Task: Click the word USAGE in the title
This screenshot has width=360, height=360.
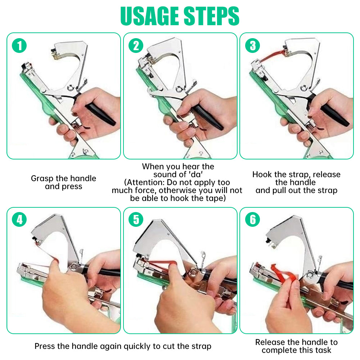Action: pyautogui.click(x=149, y=16)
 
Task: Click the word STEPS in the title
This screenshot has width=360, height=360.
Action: pyautogui.click(x=211, y=16)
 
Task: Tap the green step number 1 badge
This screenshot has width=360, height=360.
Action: pyautogui.click(x=19, y=45)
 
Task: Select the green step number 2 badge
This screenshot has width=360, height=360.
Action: pyautogui.click(x=136, y=45)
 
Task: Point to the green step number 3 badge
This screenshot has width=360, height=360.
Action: pyautogui.click(x=253, y=45)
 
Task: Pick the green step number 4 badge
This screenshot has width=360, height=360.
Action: pyautogui.click(x=19, y=219)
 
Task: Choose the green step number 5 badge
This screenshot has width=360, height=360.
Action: pyautogui.click(x=136, y=219)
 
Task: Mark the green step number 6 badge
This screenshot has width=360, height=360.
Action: pyautogui.click(x=253, y=219)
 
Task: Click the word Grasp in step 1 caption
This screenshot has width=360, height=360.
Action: pyautogui.click(x=42, y=179)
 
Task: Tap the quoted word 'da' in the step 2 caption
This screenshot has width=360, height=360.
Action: pyautogui.click(x=196, y=175)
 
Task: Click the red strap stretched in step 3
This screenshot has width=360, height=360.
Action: pyautogui.click(x=271, y=56)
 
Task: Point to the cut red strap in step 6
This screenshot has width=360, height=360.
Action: pyautogui.click(x=284, y=275)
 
